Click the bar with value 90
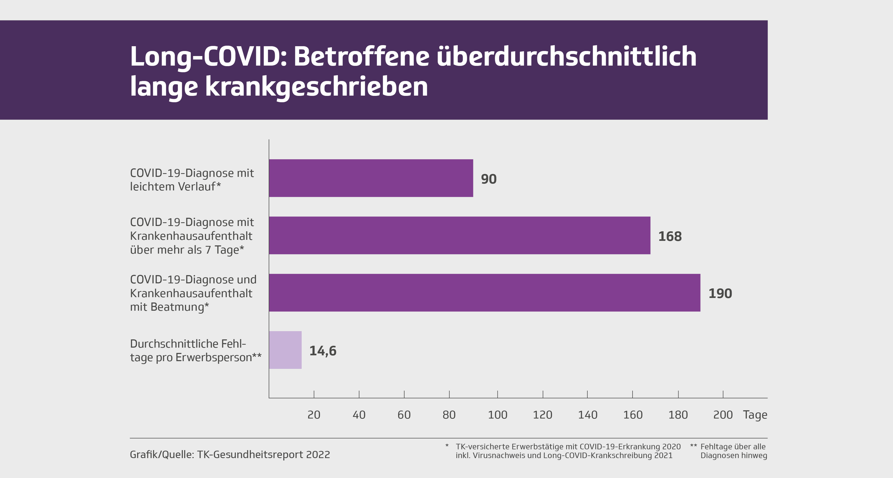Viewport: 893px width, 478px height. pos(371,178)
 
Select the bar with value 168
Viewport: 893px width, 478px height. pos(459,236)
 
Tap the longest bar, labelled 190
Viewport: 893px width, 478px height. pos(484,293)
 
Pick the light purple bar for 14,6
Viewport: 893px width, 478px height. pos(285,350)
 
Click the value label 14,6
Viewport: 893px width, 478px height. pos(323,351)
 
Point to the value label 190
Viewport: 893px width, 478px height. pos(720,294)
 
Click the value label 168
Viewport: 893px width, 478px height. pos(670,237)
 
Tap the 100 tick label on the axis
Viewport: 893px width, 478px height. pos(498,415)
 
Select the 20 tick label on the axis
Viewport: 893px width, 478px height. pos(314,415)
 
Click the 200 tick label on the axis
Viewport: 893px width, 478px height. pos(723,415)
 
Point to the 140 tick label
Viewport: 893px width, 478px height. pos(588,415)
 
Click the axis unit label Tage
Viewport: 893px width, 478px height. pos(755,415)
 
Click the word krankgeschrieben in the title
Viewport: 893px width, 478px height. pos(317,87)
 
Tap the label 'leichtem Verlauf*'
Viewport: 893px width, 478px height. pos(175,187)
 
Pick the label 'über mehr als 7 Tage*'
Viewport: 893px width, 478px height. pos(187,250)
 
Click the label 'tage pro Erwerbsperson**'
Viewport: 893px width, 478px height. pos(196,357)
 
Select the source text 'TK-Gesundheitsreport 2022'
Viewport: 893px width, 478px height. pos(263,454)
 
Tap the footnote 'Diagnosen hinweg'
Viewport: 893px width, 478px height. pos(734,455)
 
